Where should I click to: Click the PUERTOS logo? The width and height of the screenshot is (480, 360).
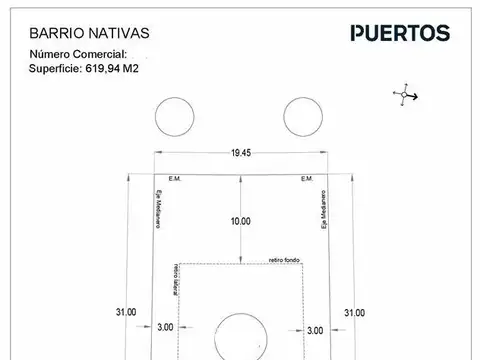click(399, 33)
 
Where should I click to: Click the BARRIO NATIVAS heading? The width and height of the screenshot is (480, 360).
click(79, 33)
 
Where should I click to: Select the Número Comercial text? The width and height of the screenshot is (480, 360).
click(79, 53)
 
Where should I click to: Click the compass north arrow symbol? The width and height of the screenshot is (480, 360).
click(404, 96)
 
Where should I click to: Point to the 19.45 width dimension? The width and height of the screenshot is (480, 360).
click(240, 153)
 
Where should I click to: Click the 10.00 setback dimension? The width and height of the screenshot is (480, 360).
click(240, 221)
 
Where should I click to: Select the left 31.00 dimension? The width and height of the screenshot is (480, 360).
click(124, 313)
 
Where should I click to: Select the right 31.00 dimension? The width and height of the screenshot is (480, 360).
click(355, 313)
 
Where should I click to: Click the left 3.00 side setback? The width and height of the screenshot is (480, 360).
click(165, 326)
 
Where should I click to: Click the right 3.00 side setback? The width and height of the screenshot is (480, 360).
click(314, 330)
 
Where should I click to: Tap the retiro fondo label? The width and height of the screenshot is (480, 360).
click(284, 260)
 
